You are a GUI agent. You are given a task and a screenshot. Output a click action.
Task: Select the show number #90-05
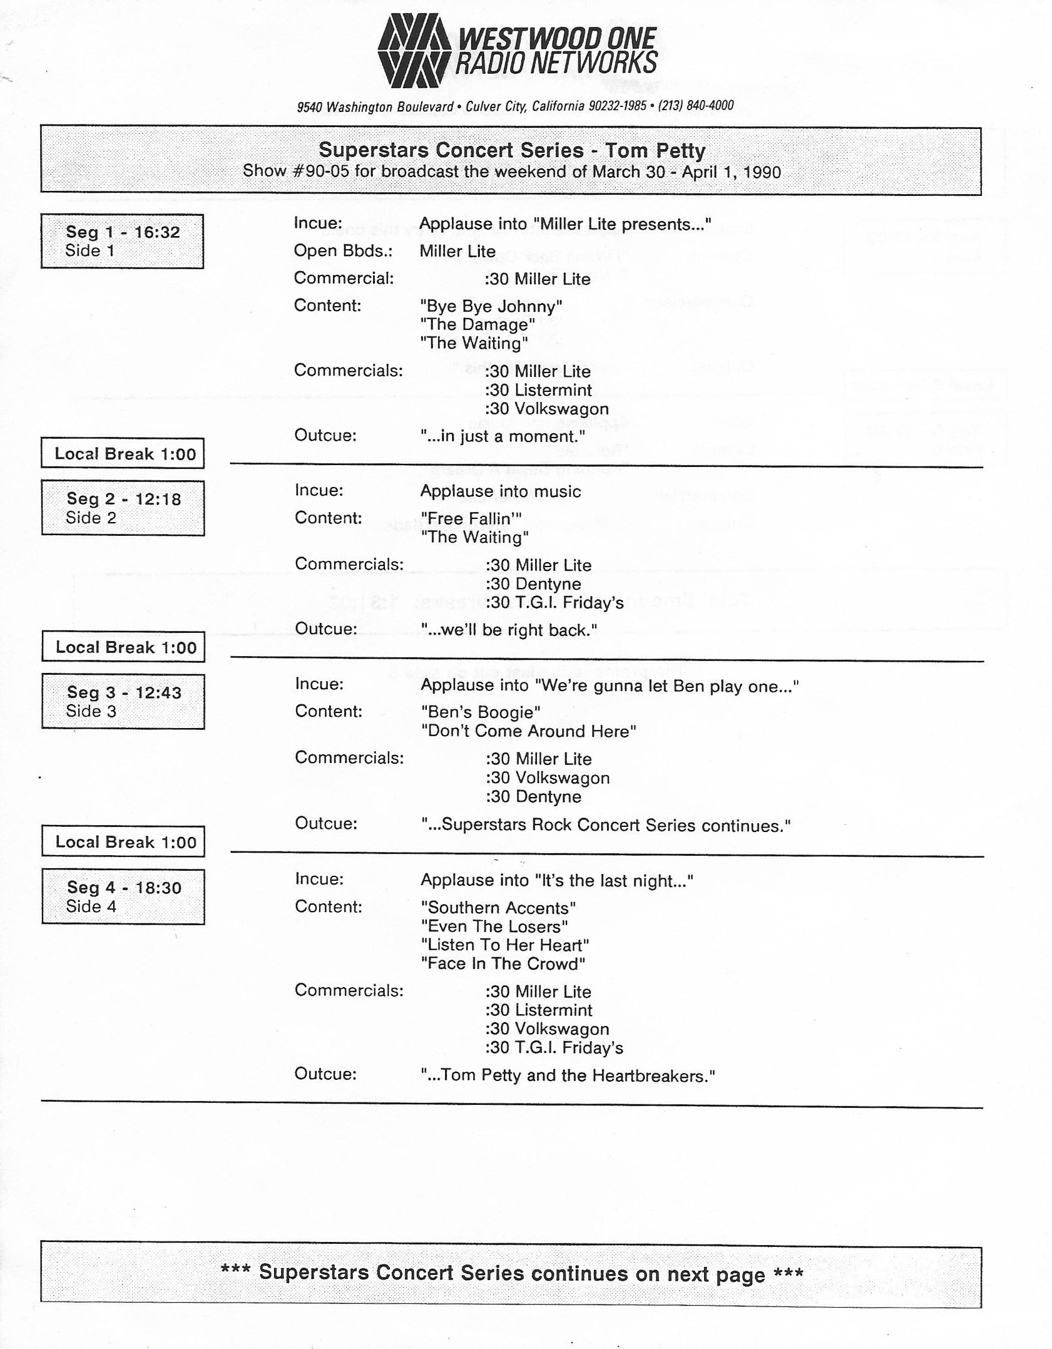click(x=320, y=172)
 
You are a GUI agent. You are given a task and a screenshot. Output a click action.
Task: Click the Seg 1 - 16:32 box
click(x=122, y=241)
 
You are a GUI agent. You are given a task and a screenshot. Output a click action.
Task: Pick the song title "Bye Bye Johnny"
click(x=491, y=306)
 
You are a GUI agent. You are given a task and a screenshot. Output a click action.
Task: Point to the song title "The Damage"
click(x=477, y=324)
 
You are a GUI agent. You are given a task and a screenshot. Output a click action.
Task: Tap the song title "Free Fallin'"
click(x=471, y=518)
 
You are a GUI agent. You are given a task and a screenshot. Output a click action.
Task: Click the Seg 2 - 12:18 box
click(x=123, y=508)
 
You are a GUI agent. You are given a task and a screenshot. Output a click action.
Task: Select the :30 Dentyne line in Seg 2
click(x=533, y=583)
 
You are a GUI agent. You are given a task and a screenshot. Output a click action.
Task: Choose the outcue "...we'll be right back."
click(x=509, y=630)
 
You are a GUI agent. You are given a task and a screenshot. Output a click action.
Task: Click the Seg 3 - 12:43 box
click(x=123, y=701)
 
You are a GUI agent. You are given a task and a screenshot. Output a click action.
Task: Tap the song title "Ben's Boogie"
click(x=480, y=712)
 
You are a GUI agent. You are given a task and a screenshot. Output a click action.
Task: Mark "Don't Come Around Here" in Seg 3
click(x=528, y=731)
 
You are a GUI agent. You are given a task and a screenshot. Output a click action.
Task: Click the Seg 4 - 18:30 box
click(x=123, y=896)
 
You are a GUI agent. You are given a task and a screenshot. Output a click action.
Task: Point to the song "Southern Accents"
click(x=498, y=908)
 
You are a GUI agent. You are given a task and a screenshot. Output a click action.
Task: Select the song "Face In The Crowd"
click(x=503, y=963)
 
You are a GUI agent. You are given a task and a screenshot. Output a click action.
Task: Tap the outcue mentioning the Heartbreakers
click(x=567, y=1075)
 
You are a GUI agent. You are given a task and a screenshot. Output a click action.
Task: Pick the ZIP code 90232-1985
click(x=617, y=106)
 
